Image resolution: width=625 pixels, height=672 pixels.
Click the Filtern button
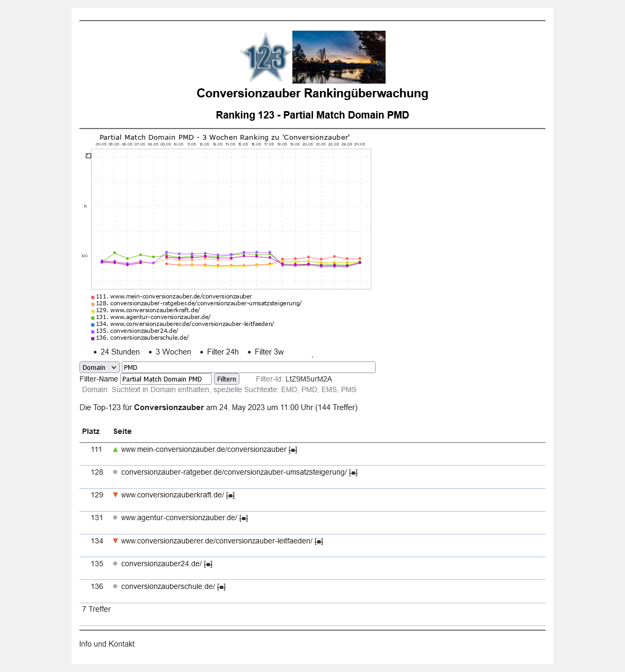click(226, 379)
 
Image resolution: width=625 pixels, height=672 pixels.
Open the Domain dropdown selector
click(99, 367)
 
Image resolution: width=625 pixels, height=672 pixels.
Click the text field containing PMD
click(248, 367)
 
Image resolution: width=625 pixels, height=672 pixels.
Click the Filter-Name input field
click(166, 379)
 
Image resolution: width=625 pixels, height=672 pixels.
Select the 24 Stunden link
click(120, 352)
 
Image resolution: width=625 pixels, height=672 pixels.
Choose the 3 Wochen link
click(173, 352)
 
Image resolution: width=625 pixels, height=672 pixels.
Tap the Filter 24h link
click(222, 352)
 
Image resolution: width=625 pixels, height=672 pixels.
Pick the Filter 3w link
click(269, 352)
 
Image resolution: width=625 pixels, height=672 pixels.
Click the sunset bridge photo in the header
click(338, 57)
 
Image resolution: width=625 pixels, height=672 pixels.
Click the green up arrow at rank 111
click(115, 449)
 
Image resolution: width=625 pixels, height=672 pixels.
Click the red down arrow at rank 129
click(115, 495)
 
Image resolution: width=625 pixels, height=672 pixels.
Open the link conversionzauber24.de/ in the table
click(161, 564)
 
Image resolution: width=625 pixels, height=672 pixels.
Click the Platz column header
click(91, 431)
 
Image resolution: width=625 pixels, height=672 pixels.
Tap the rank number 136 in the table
click(97, 586)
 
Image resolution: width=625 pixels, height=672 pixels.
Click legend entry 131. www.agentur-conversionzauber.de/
click(160, 317)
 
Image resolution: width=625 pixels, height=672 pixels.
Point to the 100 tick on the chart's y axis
click(84, 256)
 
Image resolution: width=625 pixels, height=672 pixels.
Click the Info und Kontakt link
click(106, 644)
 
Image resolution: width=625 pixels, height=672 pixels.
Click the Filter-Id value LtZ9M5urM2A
click(308, 379)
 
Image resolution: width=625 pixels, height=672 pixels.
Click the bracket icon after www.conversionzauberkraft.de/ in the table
click(230, 495)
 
